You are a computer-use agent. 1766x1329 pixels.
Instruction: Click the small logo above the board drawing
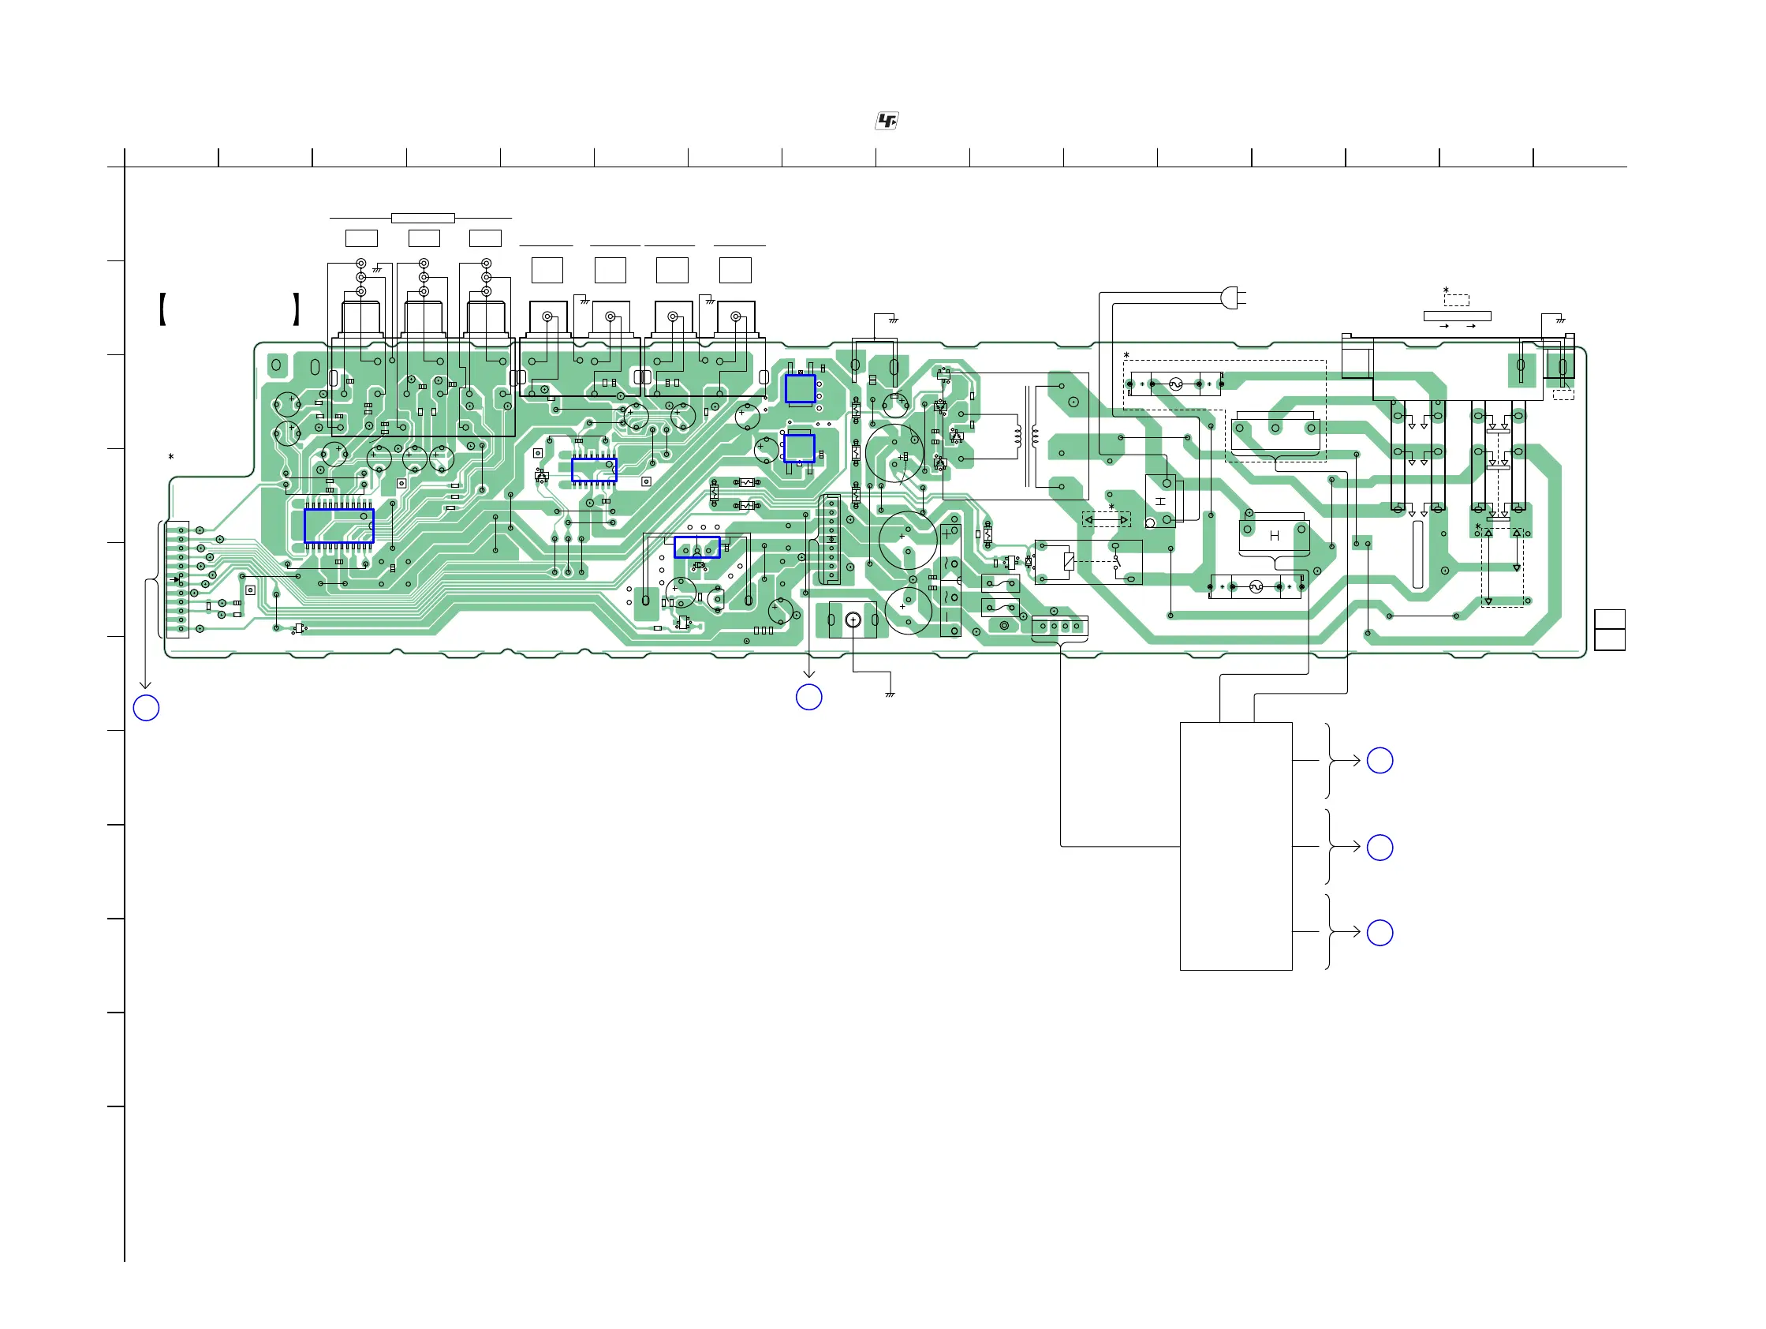(x=887, y=121)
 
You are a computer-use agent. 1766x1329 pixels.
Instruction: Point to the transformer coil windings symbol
(x=1026, y=436)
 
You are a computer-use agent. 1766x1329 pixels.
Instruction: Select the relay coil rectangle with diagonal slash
(x=1069, y=560)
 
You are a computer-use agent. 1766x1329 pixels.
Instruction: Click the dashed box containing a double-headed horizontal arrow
(x=1106, y=520)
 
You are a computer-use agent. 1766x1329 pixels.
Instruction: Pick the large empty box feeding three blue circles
(x=1235, y=846)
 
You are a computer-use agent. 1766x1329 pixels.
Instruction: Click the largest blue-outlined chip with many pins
(x=338, y=526)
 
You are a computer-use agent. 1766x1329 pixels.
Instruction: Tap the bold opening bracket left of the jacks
(x=162, y=310)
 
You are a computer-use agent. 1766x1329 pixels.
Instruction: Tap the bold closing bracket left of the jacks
(x=297, y=310)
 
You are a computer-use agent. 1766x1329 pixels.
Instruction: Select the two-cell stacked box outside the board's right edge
(x=1609, y=629)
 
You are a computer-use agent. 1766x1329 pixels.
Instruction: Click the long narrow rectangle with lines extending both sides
(x=422, y=218)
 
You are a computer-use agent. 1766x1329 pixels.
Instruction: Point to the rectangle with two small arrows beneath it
(x=1456, y=316)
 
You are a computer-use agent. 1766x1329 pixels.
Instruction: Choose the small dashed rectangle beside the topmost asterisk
(x=1456, y=301)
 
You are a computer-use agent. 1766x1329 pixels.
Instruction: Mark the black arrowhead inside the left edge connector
(x=177, y=580)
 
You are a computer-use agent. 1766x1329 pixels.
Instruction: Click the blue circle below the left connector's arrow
(x=146, y=708)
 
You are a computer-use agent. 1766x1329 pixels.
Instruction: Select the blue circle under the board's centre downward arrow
(x=808, y=697)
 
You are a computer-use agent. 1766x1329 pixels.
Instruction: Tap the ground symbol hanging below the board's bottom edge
(x=890, y=694)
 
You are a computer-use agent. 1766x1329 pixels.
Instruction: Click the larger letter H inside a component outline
(x=1273, y=536)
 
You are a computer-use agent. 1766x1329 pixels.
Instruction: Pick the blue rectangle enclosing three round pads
(x=697, y=547)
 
